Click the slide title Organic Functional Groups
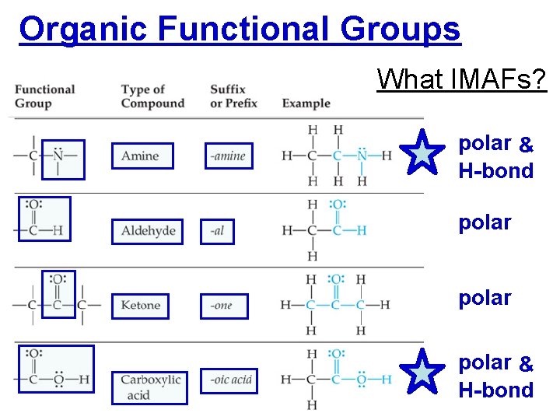coord(240,30)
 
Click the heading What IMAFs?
coord(462,79)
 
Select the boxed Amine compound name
coord(142,156)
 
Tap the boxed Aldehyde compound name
coord(147,231)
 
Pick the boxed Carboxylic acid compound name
coord(150,387)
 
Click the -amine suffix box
coord(228,156)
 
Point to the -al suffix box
coord(216,231)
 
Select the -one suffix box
coord(223,306)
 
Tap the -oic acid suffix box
coord(230,380)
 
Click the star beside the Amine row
coord(422,152)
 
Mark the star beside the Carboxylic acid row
coord(422,372)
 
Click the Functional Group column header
coord(45,96)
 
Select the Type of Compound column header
coord(152,96)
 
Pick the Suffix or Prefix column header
coord(233,96)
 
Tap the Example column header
coord(306,103)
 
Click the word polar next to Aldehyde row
coord(485,222)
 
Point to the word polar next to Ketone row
coord(485,298)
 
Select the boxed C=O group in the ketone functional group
coord(58,294)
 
